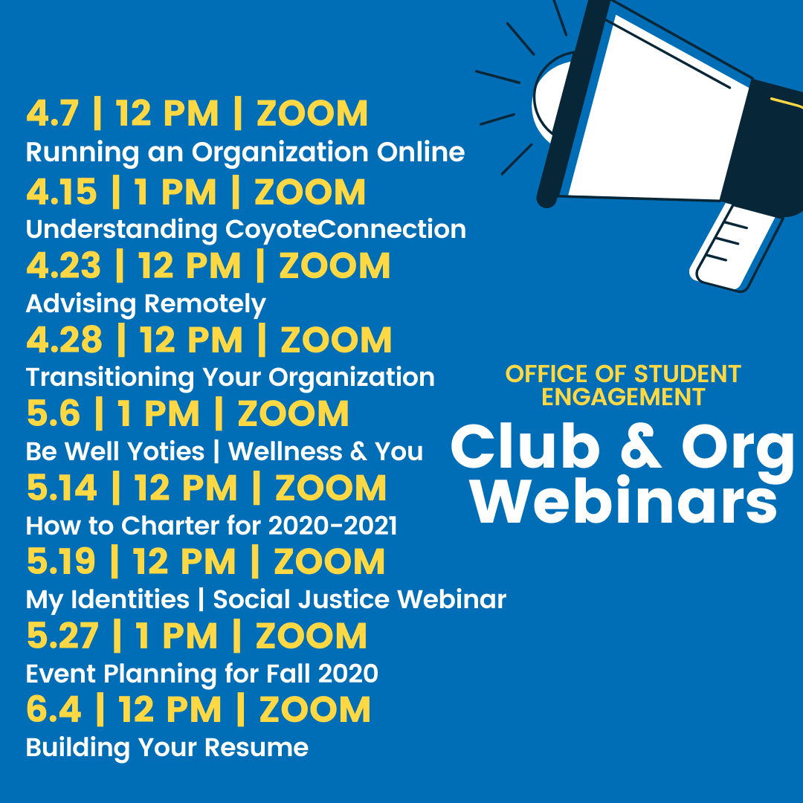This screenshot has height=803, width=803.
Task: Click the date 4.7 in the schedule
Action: [53, 113]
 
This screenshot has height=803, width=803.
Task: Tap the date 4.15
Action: [62, 192]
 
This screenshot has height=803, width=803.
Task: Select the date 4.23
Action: [63, 265]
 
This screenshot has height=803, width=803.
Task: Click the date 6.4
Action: [54, 709]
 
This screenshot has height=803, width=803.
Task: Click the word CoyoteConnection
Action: [346, 229]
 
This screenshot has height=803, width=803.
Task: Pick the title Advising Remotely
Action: [146, 304]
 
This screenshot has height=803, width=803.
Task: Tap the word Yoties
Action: [166, 451]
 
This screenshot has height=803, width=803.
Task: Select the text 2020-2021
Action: [333, 526]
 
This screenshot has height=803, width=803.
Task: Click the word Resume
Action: [257, 747]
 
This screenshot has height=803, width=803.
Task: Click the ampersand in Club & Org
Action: [641, 447]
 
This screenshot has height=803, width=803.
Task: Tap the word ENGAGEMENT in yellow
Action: [624, 397]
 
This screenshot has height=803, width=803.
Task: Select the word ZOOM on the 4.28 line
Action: [336, 340]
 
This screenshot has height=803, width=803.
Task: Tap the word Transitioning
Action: [110, 378]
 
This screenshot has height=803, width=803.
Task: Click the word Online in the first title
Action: [421, 152]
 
